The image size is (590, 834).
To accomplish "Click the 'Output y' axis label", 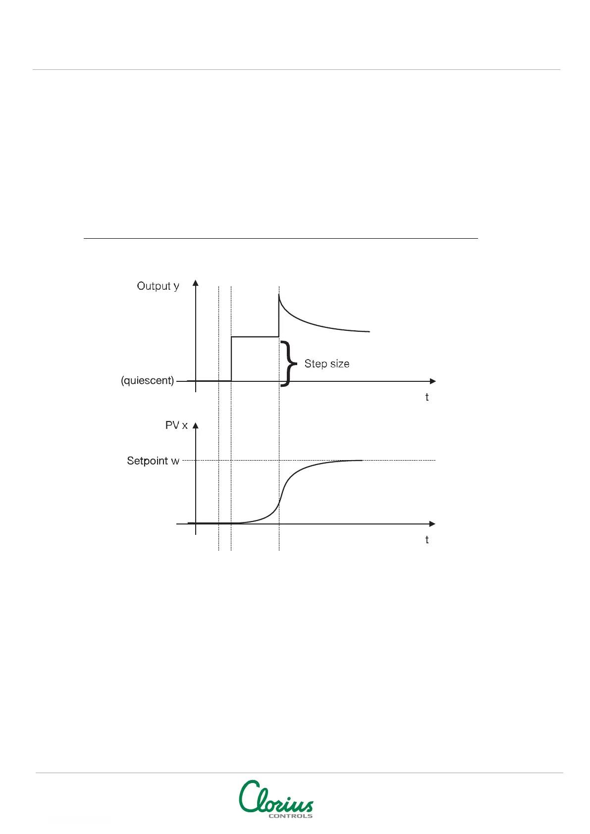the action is [x=158, y=286].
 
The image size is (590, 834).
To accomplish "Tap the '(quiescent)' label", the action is [x=148, y=381].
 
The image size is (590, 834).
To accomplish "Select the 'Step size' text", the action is [x=326, y=364].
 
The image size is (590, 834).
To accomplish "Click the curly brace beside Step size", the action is [x=288, y=364].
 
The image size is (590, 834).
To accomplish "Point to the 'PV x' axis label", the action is [x=176, y=425].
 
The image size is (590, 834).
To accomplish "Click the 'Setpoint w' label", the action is [x=153, y=461].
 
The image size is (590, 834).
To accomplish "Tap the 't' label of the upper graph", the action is [x=427, y=397].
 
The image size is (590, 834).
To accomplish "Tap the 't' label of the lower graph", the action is [x=427, y=540].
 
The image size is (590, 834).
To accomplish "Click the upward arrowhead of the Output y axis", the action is [x=196, y=283].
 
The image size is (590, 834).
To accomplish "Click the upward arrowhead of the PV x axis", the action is [x=196, y=425].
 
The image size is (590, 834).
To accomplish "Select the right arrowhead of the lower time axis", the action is [x=432, y=524].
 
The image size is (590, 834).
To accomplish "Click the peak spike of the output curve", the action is [x=279, y=295].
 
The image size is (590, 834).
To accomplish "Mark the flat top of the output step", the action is [x=255, y=337].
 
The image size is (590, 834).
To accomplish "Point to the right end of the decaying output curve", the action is [x=369, y=331].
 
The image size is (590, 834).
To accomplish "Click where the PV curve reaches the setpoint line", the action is [x=359, y=461].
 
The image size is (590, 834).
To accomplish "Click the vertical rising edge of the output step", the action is [x=231, y=359].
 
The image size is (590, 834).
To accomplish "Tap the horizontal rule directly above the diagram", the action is [x=280, y=239].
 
